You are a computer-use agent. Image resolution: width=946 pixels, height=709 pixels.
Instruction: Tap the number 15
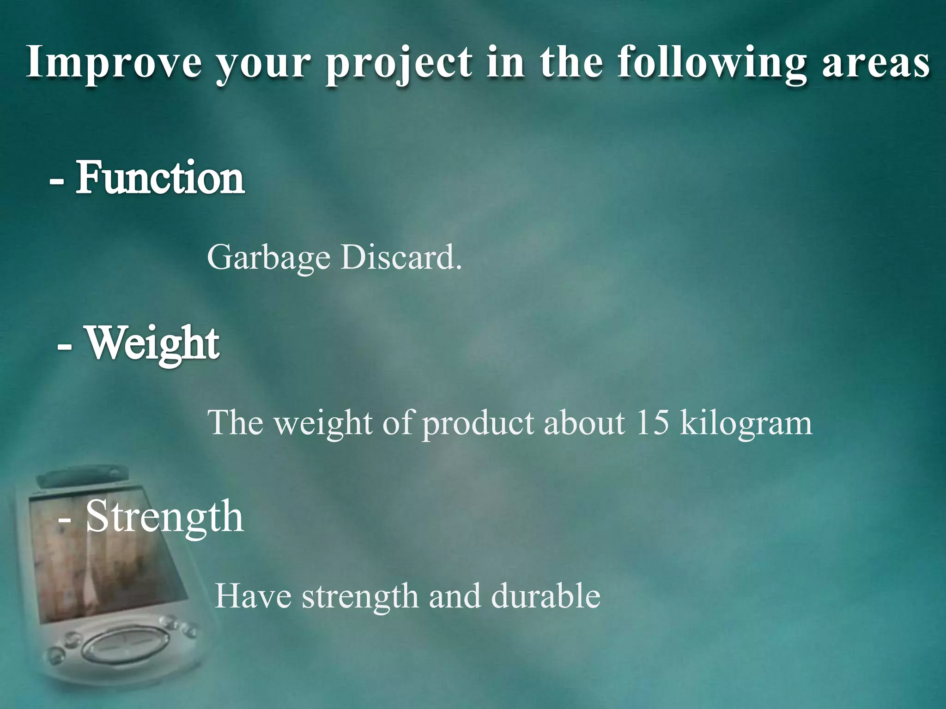(x=652, y=422)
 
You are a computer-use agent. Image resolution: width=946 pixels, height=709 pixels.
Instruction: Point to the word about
(x=584, y=422)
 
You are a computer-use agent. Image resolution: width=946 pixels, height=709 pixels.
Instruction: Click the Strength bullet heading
(x=164, y=517)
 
